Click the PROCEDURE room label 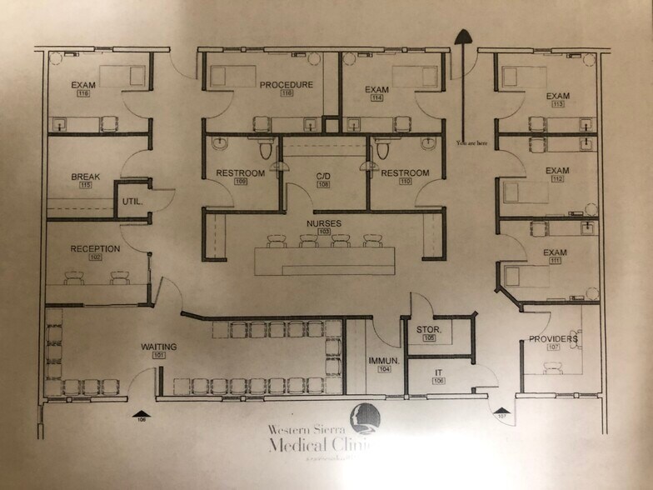click(x=286, y=85)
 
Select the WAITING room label click(x=158, y=347)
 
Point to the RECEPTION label click(x=95, y=248)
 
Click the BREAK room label click(x=86, y=177)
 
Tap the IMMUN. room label click(x=385, y=360)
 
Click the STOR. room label click(x=429, y=330)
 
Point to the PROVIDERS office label click(x=553, y=338)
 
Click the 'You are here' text click(x=471, y=143)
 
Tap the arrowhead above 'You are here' click(x=462, y=36)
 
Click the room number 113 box click(x=557, y=105)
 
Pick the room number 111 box click(x=555, y=262)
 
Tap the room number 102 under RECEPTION click(x=95, y=257)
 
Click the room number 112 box click(x=557, y=180)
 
